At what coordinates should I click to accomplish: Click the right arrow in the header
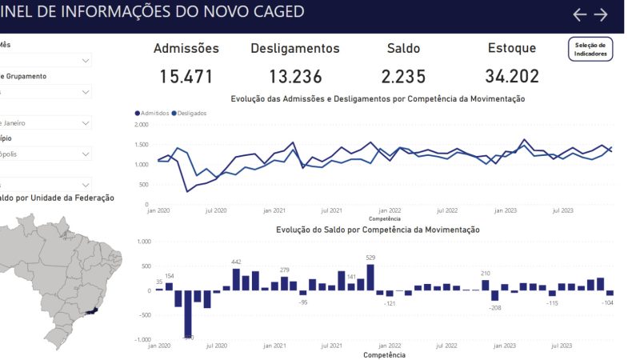pos(601,14)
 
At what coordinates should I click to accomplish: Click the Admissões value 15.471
pos(186,77)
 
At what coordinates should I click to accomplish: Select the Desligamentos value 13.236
pos(295,77)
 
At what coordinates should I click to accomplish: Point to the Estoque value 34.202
pos(512,77)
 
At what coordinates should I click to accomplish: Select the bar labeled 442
pos(236,279)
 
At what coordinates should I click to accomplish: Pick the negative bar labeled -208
pos(495,295)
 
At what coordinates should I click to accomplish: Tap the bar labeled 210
pos(486,285)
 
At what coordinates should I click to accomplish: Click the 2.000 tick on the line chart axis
pos(141,125)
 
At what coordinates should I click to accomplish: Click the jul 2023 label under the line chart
pos(562,210)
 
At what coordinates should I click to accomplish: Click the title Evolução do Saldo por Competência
pos(378,230)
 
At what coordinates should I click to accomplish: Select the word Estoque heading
pos(512,48)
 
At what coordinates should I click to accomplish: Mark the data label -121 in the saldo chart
pos(390,304)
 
